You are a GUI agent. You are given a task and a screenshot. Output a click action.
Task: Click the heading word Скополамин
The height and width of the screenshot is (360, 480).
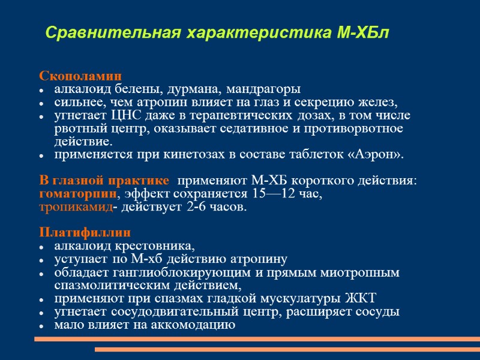[x=80, y=77]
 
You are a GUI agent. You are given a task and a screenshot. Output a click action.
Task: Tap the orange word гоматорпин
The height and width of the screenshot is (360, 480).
[x=78, y=194]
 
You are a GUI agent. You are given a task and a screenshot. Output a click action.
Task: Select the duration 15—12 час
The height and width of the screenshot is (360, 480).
[x=290, y=194]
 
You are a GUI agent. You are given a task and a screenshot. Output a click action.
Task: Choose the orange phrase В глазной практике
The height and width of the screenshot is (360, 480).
[x=104, y=181]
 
